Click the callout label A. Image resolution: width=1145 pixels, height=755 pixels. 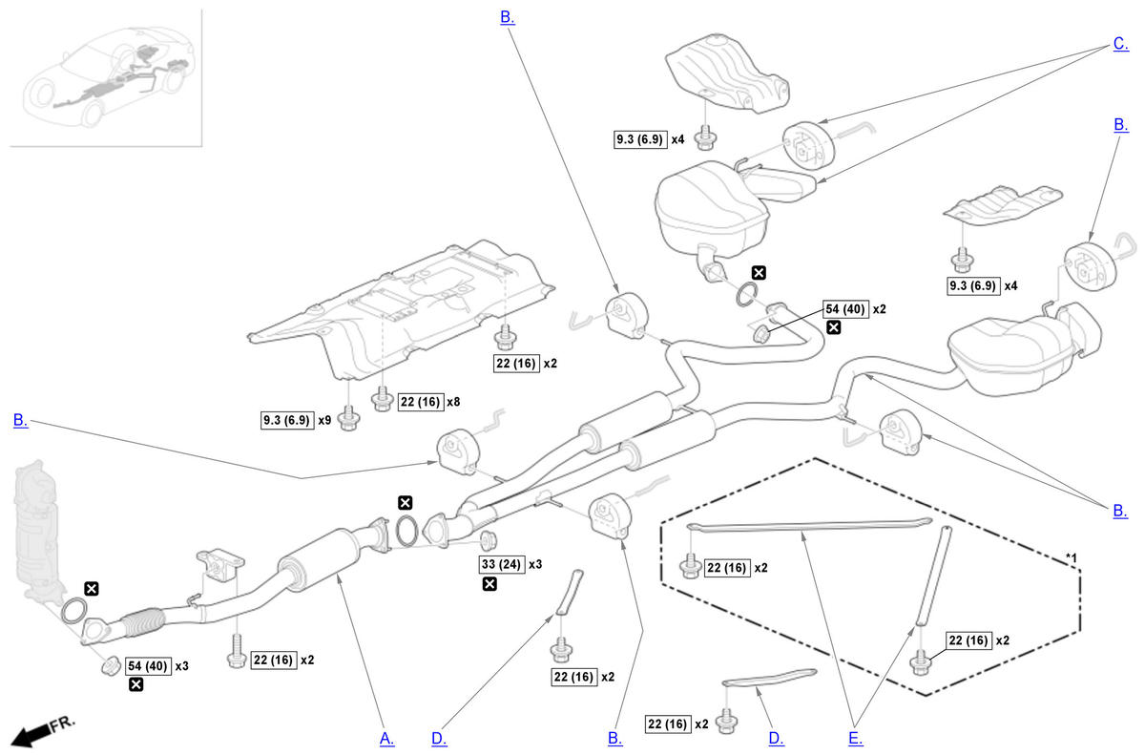coord(386,738)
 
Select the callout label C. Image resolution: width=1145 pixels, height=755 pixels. coord(1120,44)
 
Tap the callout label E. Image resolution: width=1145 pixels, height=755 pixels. coord(855,738)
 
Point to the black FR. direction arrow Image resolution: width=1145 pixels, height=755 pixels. coord(32,732)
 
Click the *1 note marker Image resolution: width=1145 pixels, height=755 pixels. coord(1072,556)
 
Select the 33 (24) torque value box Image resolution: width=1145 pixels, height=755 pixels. coord(500,563)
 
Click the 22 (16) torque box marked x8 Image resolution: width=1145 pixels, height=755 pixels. coord(419,402)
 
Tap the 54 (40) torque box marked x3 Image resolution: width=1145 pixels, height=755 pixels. coord(147,665)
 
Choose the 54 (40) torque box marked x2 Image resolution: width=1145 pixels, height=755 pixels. coord(844,309)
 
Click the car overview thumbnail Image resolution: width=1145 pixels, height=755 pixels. coord(106,77)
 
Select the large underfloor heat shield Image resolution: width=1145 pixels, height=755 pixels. coord(401,305)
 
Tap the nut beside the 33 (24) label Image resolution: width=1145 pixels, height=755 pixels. coord(484,540)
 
